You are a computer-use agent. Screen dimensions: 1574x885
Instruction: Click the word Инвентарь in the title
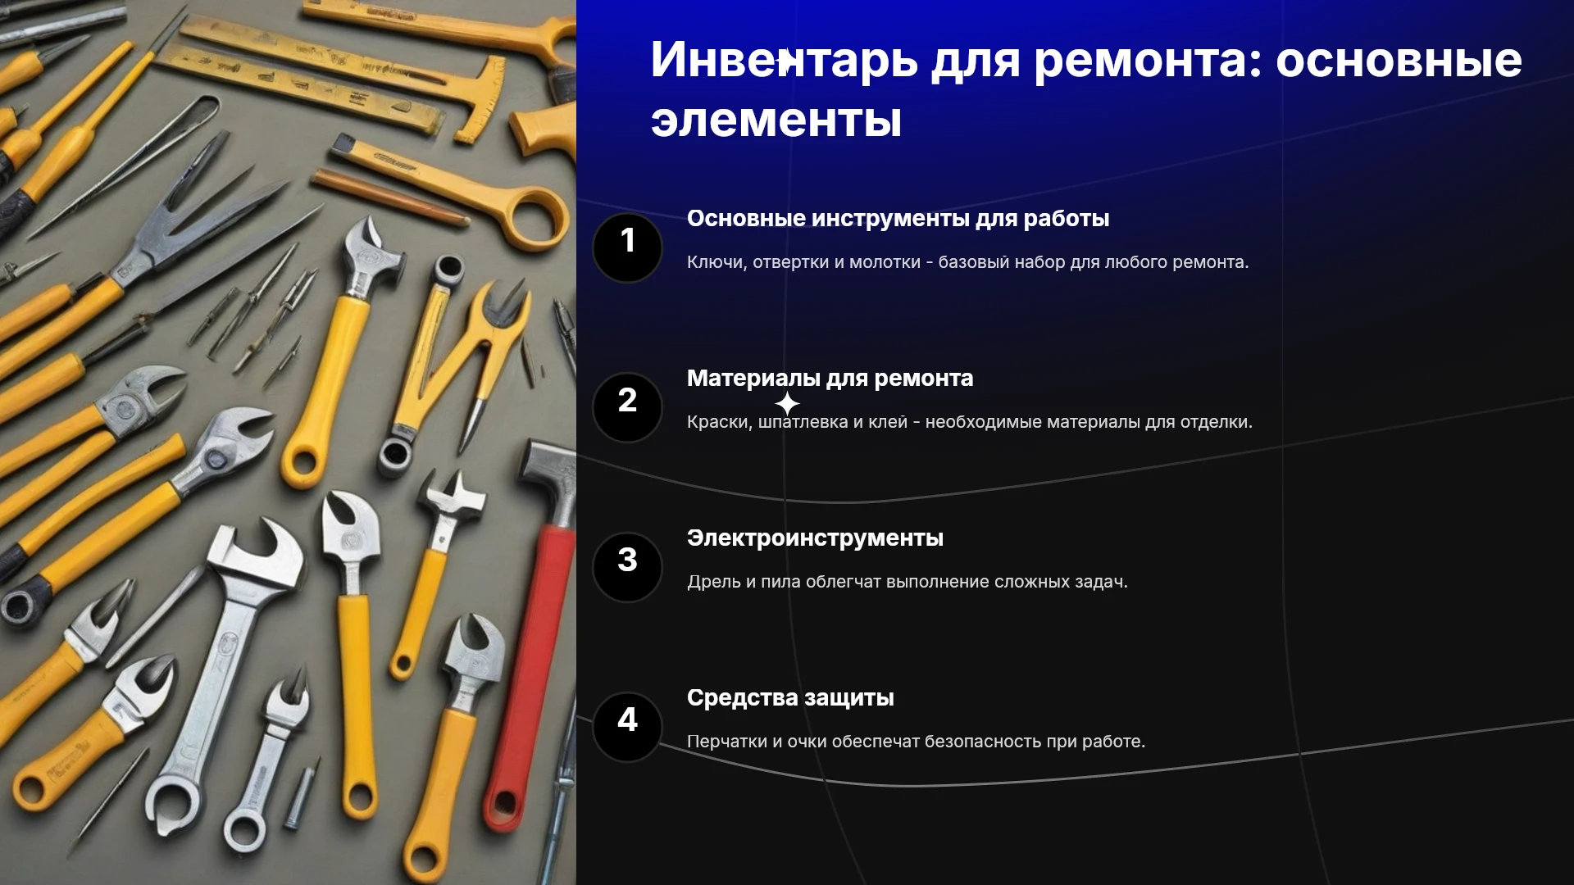[784, 60]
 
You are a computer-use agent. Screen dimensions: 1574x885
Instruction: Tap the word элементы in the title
[776, 120]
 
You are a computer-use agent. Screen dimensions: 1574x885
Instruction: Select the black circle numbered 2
[627, 406]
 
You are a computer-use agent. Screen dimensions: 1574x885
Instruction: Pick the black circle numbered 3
[627, 566]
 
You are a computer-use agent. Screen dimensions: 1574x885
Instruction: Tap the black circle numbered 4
[627, 726]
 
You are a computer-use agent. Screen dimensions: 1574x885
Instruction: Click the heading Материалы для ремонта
[830, 379]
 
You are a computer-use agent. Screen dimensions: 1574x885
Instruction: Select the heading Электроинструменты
[815, 538]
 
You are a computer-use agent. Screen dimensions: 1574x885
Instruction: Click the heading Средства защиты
[790, 698]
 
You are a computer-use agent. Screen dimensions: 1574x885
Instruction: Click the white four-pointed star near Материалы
[787, 404]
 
